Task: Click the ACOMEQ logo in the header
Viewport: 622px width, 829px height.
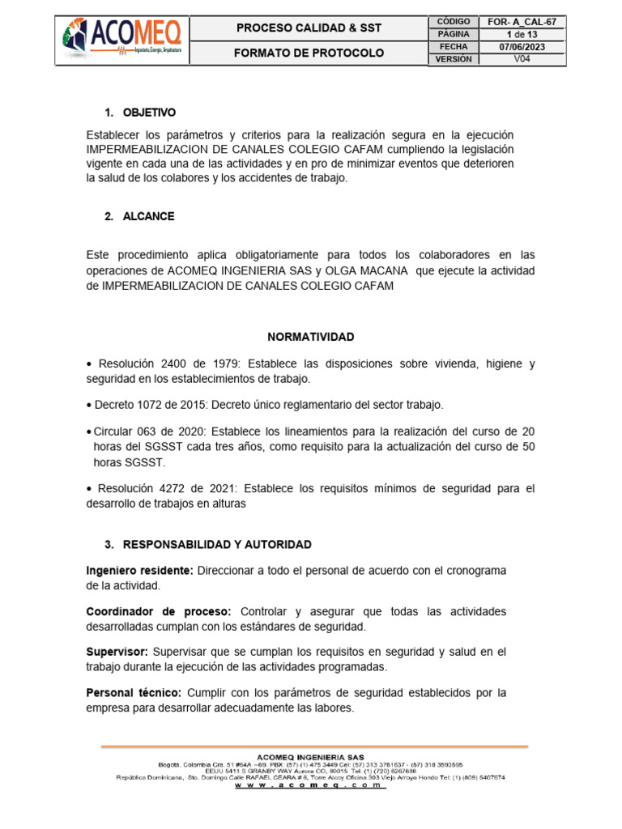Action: point(121,38)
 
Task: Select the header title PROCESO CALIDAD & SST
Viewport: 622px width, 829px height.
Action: point(309,28)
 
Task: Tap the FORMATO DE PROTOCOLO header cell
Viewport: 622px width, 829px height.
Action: point(309,53)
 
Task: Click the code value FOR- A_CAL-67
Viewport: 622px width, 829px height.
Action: point(529,21)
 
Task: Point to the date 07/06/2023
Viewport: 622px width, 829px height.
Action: point(529,47)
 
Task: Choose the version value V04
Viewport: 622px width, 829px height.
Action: point(529,60)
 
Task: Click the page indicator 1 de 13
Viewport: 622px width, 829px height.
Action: point(529,34)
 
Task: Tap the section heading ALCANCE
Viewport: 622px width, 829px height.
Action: point(148,216)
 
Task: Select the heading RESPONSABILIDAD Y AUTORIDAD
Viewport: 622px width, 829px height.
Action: point(217,544)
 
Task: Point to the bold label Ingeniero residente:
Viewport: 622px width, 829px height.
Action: point(139,571)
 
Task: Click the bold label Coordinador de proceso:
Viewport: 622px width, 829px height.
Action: point(159,610)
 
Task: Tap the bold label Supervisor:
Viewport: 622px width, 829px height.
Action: point(117,651)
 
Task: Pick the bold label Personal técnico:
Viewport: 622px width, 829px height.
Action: point(134,692)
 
